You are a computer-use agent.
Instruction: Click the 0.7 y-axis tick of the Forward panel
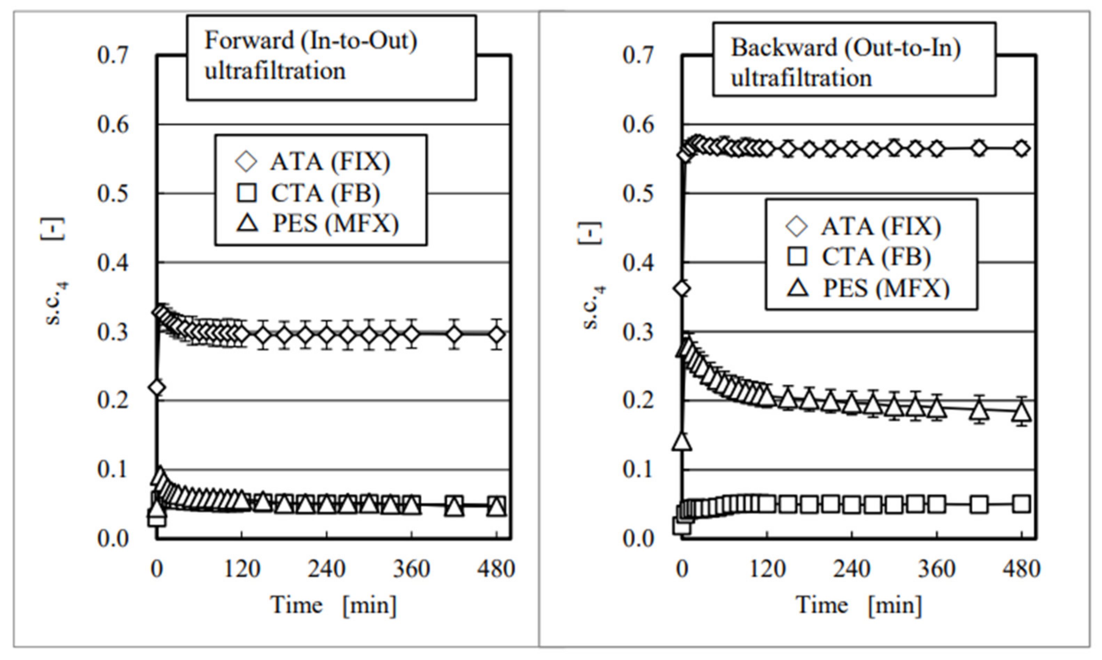pyautogui.click(x=113, y=56)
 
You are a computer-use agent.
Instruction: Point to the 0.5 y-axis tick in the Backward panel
pyautogui.click(x=638, y=194)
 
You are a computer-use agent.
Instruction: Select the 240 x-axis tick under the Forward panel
pyautogui.click(x=327, y=569)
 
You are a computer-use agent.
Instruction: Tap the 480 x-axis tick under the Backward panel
pyautogui.click(x=1021, y=569)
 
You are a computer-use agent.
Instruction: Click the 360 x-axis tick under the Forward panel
pyautogui.click(x=412, y=569)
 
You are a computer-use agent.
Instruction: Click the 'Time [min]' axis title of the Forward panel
pyautogui.click(x=333, y=605)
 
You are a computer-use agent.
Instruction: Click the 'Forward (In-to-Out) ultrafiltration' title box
pyautogui.click(x=332, y=58)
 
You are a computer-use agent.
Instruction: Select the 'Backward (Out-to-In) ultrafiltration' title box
pyautogui.click(x=854, y=60)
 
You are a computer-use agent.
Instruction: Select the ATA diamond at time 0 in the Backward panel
pyautogui.click(x=682, y=289)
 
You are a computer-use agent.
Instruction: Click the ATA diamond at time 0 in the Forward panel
pyautogui.click(x=157, y=387)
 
